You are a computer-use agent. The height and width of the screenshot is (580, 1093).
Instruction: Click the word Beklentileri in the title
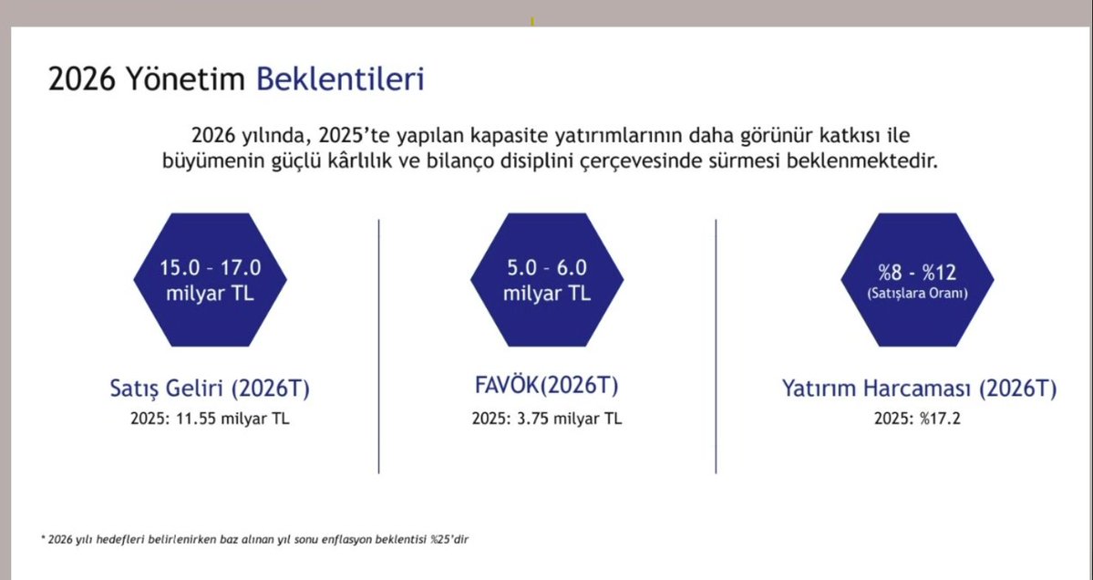pyautogui.click(x=340, y=79)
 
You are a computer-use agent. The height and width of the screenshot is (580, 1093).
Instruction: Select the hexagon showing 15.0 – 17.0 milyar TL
pyautogui.click(x=211, y=280)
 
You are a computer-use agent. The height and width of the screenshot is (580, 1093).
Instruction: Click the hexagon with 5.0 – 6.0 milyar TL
pyautogui.click(x=546, y=280)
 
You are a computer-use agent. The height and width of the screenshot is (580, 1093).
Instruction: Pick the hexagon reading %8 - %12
pyautogui.click(x=917, y=280)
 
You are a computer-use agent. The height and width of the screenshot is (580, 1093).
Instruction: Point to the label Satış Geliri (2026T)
pyautogui.click(x=211, y=388)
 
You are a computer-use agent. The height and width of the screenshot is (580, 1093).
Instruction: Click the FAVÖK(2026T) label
pyautogui.click(x=546, y=386)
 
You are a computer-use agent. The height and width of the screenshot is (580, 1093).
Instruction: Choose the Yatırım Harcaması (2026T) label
pyautogui.click(x=919, y=388)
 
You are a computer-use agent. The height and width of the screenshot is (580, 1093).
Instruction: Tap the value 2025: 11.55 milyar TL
pyautogui.click(x=211, y=419)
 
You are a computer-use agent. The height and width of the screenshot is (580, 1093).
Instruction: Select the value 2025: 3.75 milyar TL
pyautogui.click(x=546, y=419)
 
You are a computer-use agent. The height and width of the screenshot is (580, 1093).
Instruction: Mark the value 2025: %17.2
pyautogui.click(x=918, y=419)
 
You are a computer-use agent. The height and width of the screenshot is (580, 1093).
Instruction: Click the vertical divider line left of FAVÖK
pyautogui.click(x=378, y=347)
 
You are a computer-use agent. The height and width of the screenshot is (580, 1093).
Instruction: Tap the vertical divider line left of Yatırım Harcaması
pyautogui.click(x=716, y=347)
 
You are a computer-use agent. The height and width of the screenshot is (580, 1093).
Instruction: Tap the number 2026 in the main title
pyautogui.click(x=79, y=79)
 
